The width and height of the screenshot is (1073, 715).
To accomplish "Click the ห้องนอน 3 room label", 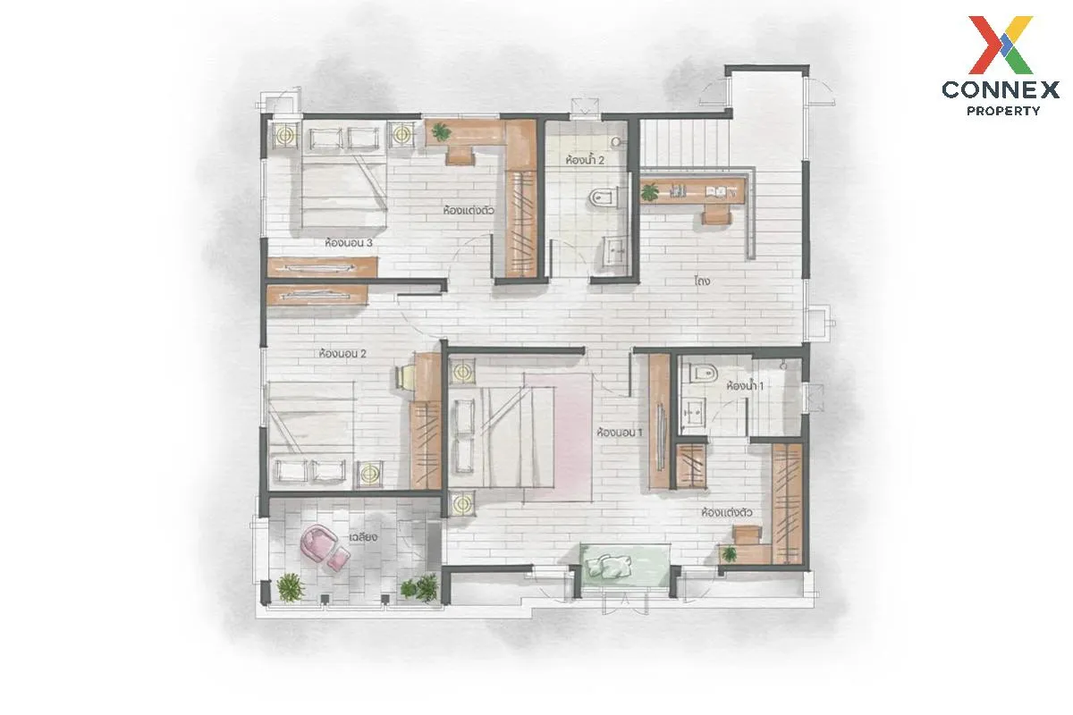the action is [348, 243].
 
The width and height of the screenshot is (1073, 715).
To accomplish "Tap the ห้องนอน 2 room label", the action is [342, 354].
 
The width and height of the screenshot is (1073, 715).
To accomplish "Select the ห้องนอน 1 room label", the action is [620, 433].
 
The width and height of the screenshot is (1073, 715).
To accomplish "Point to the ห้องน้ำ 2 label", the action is [585, 160].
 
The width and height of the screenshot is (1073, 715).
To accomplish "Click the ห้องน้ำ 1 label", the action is [745, 385].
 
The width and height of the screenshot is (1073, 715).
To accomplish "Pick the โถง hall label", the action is [702, 281].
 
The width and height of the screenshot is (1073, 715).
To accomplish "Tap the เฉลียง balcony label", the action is [363, 537].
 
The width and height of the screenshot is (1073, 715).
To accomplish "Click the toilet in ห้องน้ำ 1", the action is [703, 373].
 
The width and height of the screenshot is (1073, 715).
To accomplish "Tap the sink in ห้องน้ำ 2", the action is [613, 251].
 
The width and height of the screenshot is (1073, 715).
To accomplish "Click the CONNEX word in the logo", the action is [1001, 90].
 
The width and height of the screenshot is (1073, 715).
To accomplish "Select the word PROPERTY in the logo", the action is [1003, 111].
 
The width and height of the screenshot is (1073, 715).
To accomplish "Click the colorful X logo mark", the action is [1001, 45].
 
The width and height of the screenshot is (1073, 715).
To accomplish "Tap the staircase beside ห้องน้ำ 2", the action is [684, 142].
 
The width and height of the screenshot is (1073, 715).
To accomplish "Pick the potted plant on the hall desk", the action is [649, 192].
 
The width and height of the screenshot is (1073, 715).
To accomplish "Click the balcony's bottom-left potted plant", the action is [291, 586].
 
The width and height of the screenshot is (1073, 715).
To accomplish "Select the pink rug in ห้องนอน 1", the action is [558, 437].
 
